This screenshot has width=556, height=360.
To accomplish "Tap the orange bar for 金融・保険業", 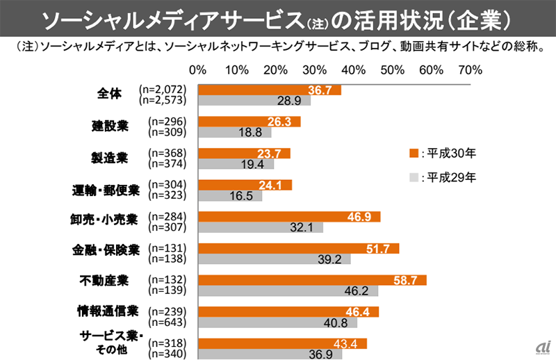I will click(x=298, y=248).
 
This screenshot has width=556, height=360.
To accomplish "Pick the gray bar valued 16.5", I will click(x=230, y=196).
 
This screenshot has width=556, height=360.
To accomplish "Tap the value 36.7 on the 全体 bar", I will click(x=320, y=90).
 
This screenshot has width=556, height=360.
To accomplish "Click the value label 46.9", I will click(x=359, y=216).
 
